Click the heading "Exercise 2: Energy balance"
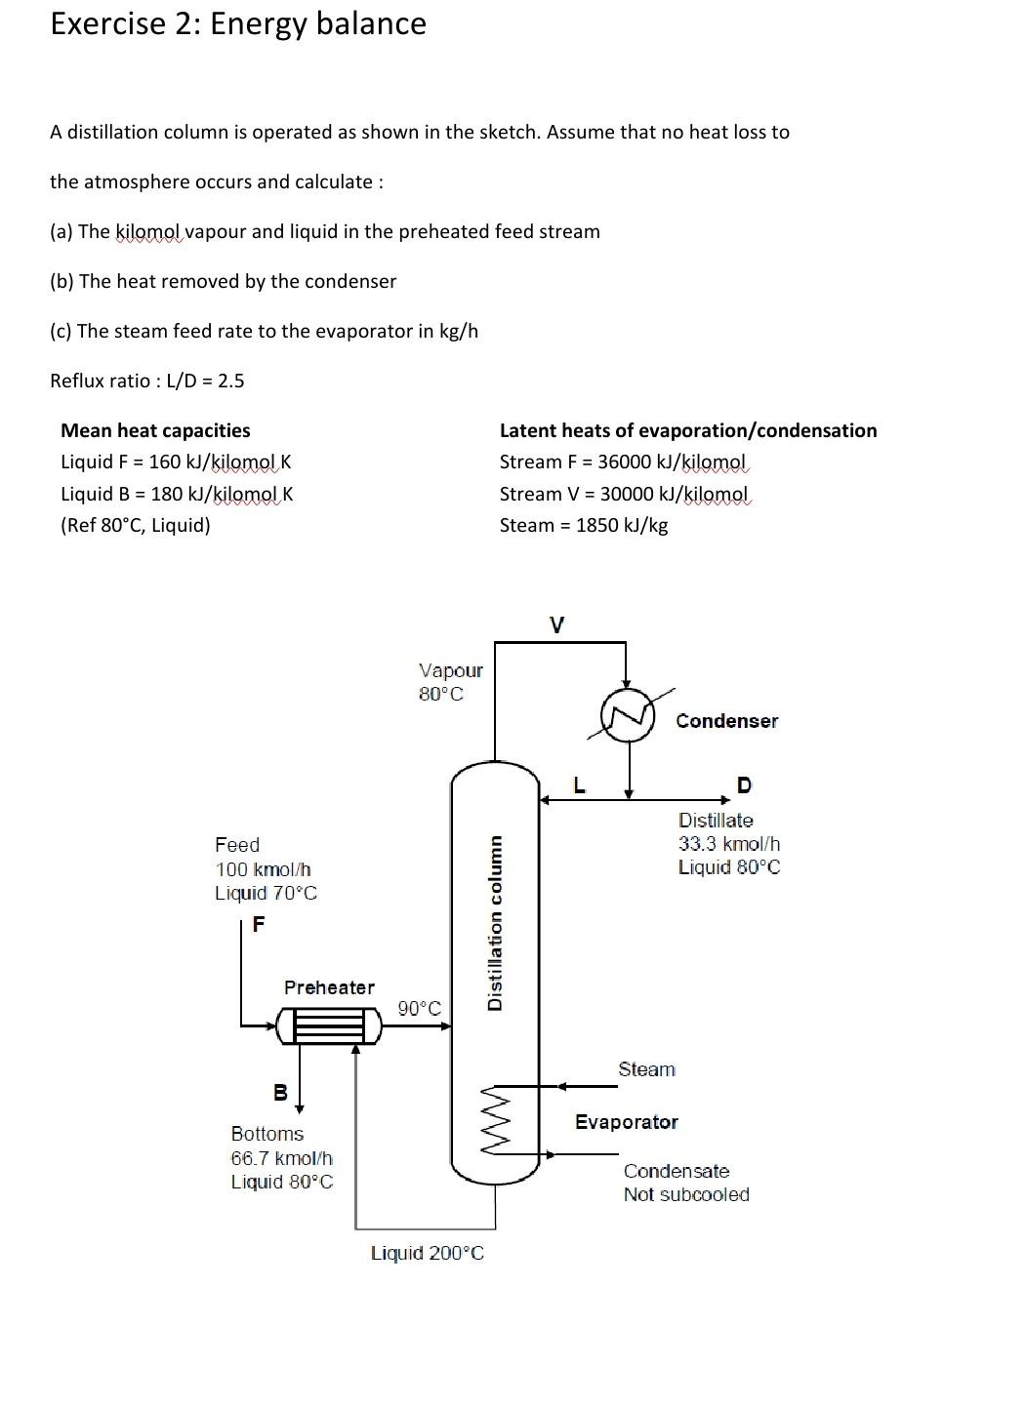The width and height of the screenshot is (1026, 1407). point(237,23)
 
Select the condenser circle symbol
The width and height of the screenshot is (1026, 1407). point(627,715)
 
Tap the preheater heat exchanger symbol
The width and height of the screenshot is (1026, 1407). point(328,1025)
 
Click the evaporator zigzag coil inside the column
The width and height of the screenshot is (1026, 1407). point(495,1119)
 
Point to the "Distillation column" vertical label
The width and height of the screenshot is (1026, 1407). point(495,922)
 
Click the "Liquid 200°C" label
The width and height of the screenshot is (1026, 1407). point(427,1253)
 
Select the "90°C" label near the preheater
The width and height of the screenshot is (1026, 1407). point(420,1008)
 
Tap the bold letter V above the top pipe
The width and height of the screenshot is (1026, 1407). point(556,624)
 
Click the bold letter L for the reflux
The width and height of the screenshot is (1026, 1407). point(579,784)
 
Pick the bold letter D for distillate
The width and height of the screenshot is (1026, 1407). point(744,784)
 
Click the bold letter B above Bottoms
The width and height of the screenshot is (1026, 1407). point(280,1093)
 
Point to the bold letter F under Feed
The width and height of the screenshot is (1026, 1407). point(258,923)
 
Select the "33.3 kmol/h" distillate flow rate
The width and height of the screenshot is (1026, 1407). point(729,844)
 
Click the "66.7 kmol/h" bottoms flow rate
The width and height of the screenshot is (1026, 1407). point(281,1158)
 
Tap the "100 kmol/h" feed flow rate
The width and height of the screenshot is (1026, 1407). point(263,869)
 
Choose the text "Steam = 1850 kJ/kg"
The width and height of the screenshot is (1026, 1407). point(583,525)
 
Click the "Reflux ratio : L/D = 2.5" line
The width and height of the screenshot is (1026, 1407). point(147,381)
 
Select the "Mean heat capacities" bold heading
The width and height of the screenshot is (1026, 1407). point(155,430)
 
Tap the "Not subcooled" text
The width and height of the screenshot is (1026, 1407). point(686,1194)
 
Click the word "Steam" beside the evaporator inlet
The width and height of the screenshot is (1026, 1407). point(646,1069)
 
